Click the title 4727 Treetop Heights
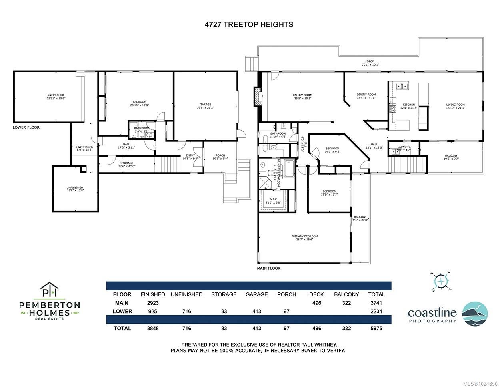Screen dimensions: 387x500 click(x=248, y=24)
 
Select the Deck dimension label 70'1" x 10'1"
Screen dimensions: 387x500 click(x=370, y=64)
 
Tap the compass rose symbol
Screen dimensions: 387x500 click(x=441, y=282)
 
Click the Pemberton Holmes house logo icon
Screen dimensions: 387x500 click(x=50, y=290)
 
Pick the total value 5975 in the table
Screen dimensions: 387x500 click(x=376, y=328)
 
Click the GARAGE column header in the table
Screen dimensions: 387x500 click(x=256, y=294)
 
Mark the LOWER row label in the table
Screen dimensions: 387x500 click(x=122, y=311)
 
